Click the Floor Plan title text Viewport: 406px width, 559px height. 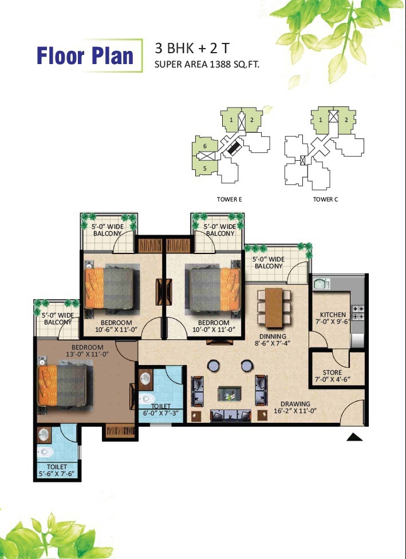point(85,55)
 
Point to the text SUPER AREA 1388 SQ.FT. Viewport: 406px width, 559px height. point(207,65)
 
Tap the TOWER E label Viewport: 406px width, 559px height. point(230,199)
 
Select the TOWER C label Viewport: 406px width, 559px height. point(325,199)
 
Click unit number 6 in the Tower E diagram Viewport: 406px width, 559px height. point(205,146)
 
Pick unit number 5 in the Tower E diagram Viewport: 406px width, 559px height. point(205,168)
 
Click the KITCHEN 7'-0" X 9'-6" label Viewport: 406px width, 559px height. point(333,318)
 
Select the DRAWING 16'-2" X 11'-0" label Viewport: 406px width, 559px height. point(295,407)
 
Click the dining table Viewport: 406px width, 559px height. point(274,308)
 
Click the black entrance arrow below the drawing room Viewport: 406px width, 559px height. point(354,437)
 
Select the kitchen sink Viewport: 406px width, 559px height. point(322,284)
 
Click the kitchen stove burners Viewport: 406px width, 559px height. point(358,312)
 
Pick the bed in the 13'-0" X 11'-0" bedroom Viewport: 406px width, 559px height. point(62,386)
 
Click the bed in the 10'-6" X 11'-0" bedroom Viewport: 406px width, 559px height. point(109,288)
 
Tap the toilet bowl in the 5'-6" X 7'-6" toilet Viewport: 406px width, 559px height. point(46,452)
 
